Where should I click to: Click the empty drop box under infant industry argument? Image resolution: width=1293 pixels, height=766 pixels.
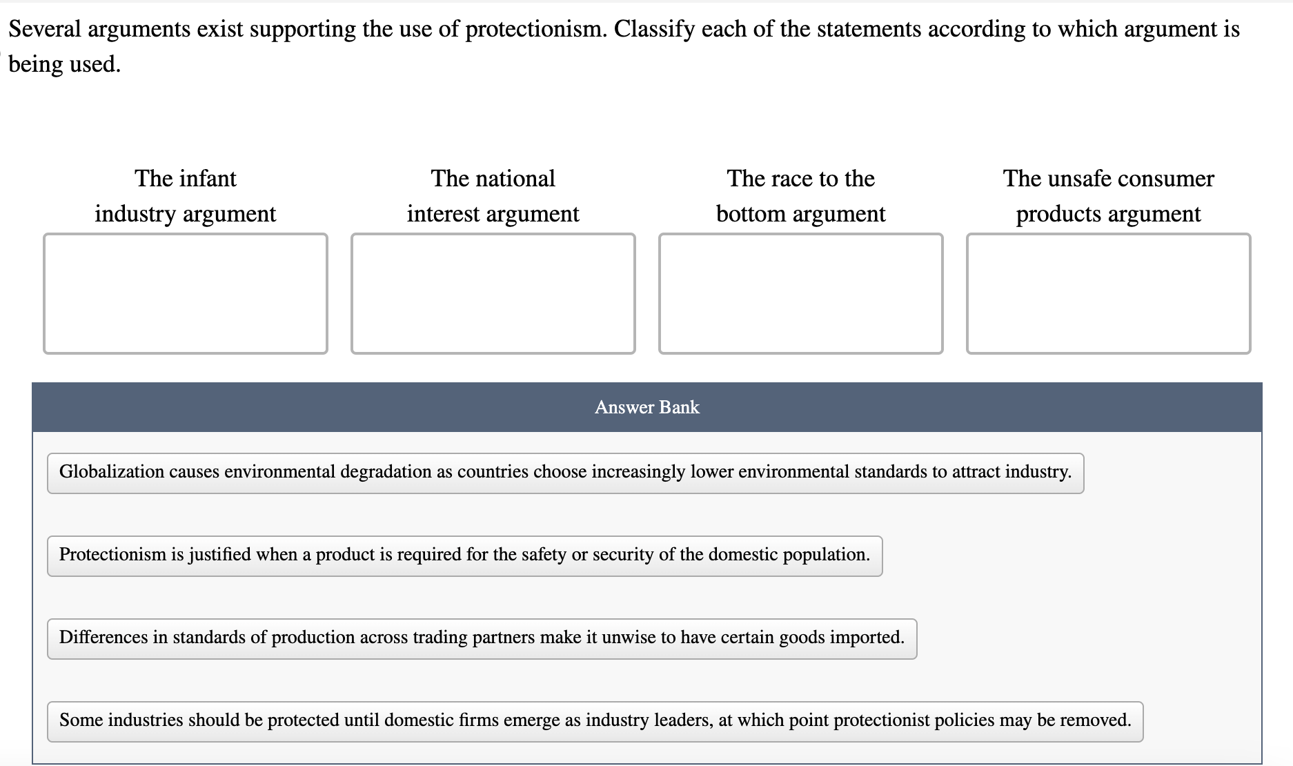(185, 293)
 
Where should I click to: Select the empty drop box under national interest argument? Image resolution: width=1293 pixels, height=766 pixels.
(493, 293)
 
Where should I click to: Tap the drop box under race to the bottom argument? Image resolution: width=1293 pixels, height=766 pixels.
(800, 293)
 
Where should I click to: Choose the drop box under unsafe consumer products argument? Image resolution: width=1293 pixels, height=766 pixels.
(1108, 293)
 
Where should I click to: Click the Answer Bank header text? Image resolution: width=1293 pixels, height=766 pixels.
(646, 407)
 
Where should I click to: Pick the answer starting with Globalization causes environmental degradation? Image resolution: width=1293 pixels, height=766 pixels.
(565, 473)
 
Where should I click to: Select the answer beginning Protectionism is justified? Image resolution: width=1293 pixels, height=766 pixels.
(464, 556)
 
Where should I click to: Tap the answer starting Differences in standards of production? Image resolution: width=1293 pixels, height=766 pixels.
(482, 638)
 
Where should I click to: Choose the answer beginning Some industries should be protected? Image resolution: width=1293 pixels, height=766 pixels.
(595, 721)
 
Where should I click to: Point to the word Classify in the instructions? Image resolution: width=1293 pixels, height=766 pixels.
(654, 29)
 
